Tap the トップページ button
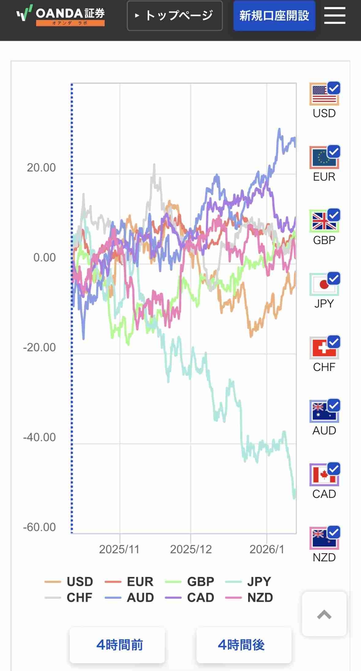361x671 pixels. click(x=175, y=16)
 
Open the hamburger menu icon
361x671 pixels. click(x=335, y=16)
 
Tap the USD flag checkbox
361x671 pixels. click(x=324, y=94)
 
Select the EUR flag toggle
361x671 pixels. click(x=324, y=158)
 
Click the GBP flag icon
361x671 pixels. click(x=324, y=221)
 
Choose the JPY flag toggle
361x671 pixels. click(x=324, y=284)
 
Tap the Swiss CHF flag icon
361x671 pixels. click(x=324, y=348)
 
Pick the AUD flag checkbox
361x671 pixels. click(x=324, y=411)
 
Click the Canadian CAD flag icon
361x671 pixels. click(x=324, y=475)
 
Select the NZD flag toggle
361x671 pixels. click(x=324, y=538)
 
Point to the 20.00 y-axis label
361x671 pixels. click(x=41, y=168)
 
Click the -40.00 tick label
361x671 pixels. click(x=39, y=437)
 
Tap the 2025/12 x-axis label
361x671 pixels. click(x=191, y=549)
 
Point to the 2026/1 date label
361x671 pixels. click(x=267, y=549)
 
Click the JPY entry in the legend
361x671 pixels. click(x=248, y=581)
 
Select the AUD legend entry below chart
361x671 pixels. click(x=129, y=597)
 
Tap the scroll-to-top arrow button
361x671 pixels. click(x=324, y=614)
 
